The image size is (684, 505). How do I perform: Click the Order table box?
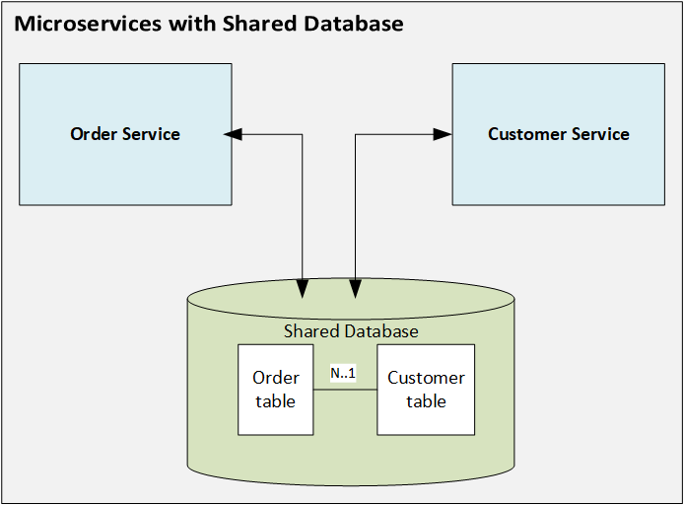click(x=275, y=390)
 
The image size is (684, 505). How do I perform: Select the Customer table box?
click(x=426, y=390)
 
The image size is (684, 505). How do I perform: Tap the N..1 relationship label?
click(x=343, y=374)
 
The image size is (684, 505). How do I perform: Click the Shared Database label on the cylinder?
click(x=351, y=331)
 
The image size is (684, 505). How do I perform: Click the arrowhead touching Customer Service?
click(x=445, y=134)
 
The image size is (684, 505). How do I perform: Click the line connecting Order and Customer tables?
click(x=345, y=390)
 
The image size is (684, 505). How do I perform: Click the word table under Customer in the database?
click(x=426, y=401)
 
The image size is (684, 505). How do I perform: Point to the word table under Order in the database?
click(x=275, y=401)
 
